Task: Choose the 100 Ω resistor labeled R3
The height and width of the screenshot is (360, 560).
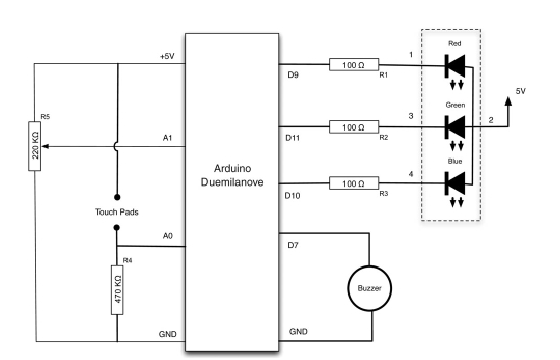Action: coord(351,183)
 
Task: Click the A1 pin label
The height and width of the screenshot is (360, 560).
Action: coord(166,140)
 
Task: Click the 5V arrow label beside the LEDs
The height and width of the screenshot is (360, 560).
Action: coord(520,90)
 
